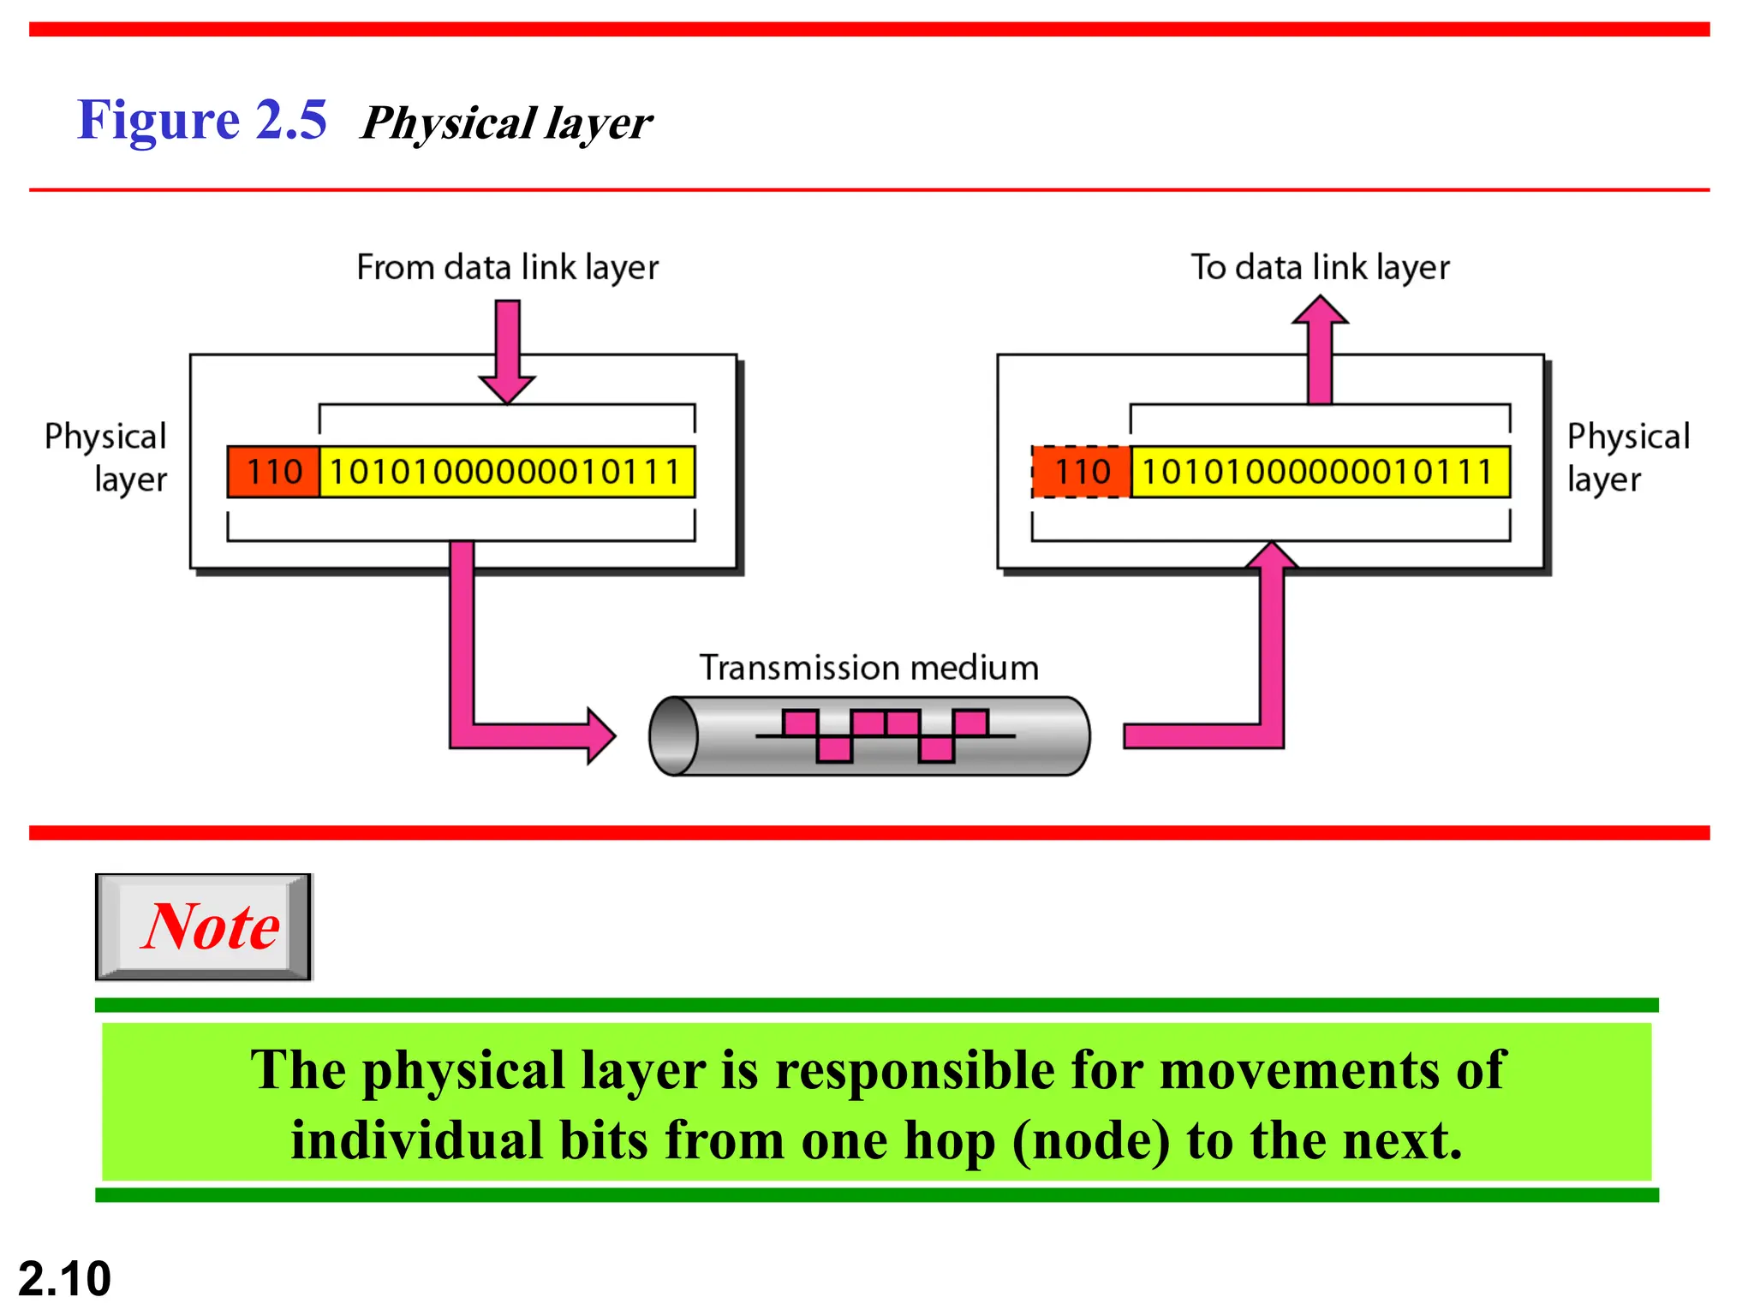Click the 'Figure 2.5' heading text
tap(202, 120)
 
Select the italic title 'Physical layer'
tap(506, 123)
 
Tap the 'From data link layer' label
tap(507, 268)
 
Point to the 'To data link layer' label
tap(1320, 268)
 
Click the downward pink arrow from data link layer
tap(508, 351)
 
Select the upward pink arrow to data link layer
tap(1320, 347)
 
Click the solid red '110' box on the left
tap(274, 472)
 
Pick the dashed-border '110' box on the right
tap(1082, 472)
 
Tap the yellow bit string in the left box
tap(506, 472)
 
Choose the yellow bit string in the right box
tap(1319, 472)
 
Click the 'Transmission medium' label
tap(868, 668)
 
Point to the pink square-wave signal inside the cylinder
tap(886, 735)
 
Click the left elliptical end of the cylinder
tap(674, 736)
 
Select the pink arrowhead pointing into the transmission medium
tap(600, 735)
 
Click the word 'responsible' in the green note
tap(915, 1070)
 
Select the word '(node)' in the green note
tap(1089, 1141)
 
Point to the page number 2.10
tap(65, 1278)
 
